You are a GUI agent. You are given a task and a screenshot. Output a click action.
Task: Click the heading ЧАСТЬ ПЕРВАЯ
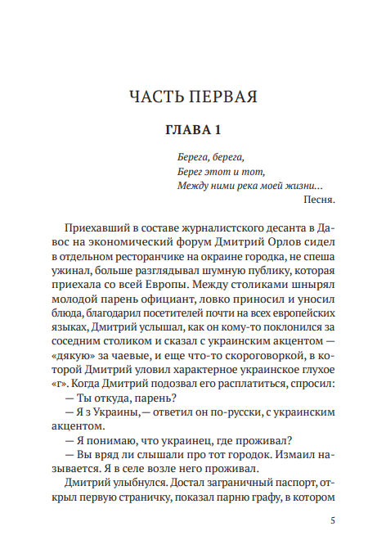193,97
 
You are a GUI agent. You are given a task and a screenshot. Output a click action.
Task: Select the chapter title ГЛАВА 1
193,130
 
